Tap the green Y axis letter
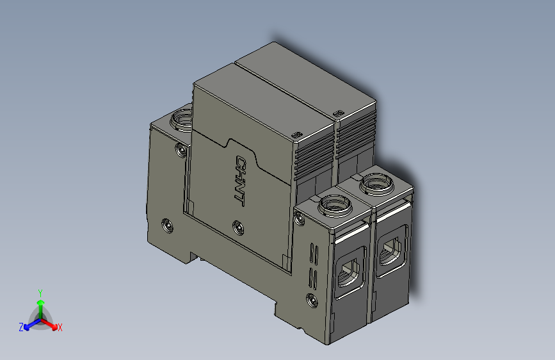(x=40, y=292)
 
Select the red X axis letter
(x=60, y=328)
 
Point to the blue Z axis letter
(x=21, y=327)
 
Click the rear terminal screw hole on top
(x=181, y=119)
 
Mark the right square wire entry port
(x=390, y=251)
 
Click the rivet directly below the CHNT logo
(x=237, y=226)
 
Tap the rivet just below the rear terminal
(x=181, y=150)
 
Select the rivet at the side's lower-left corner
(x=167, y=225)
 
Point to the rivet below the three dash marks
(x=312, y=300)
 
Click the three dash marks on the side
(x=313, y=265)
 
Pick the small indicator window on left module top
(x=295, y=133)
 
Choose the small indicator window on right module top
(x=337, y=113)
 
